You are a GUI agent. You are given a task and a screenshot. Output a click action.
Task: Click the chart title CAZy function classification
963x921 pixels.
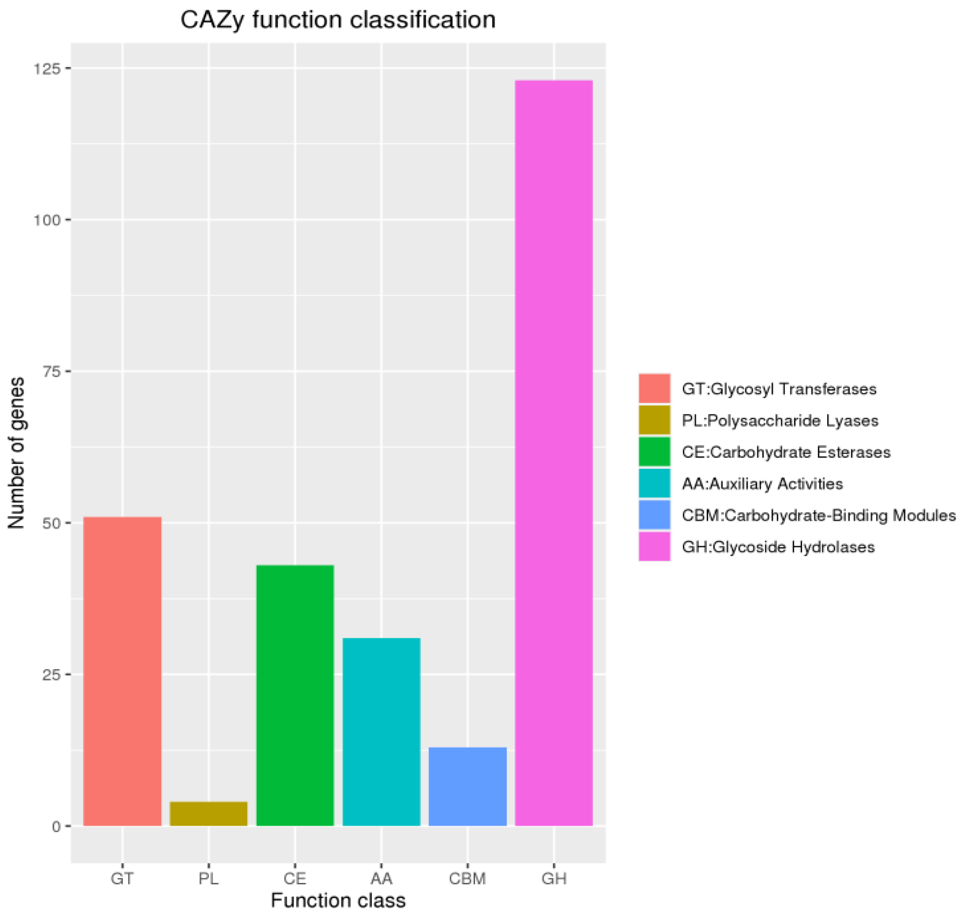click(337, 20)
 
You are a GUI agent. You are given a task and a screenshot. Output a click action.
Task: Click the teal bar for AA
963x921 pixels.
click(381, 731)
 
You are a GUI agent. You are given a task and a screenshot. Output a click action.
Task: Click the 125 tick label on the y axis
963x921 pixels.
click(47, 69)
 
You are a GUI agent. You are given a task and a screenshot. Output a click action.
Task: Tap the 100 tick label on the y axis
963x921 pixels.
click(47, 220)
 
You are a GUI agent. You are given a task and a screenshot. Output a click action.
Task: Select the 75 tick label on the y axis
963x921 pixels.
click(50, 372)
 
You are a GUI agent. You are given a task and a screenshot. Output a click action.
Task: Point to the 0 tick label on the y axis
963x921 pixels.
click(57, 826)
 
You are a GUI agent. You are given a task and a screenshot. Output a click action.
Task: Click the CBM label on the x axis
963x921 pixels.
click(467, 878)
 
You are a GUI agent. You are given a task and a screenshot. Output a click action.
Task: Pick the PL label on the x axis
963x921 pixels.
click(209, 878)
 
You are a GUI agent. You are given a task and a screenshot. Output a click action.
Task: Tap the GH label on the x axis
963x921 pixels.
click(554, 878)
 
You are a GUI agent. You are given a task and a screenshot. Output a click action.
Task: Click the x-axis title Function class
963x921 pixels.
click(338, 900)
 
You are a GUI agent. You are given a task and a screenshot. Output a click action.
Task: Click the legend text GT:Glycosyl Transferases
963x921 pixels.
click(779, 389)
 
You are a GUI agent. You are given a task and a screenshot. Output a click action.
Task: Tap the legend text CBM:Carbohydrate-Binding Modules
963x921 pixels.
click(819, 515)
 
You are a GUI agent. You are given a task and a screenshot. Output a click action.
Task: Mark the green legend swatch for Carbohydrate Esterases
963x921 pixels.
click(654, 452)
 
